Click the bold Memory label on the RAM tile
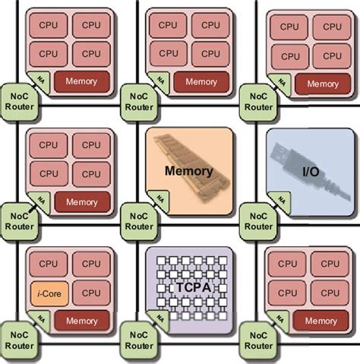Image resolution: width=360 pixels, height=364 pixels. click(x=188, y=171)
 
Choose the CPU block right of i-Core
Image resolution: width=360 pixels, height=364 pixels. click(x=90, y=292)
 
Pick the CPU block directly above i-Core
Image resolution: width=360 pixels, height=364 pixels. click(x=47, y=264)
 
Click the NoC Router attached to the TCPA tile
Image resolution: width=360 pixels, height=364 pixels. click(x=137, y=337)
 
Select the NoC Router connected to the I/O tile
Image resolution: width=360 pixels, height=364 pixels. click(x=257, y=218)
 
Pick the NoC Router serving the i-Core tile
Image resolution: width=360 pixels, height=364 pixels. click(x=18, y=337)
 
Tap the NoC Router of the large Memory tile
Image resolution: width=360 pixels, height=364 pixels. click(x=137, y=218)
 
